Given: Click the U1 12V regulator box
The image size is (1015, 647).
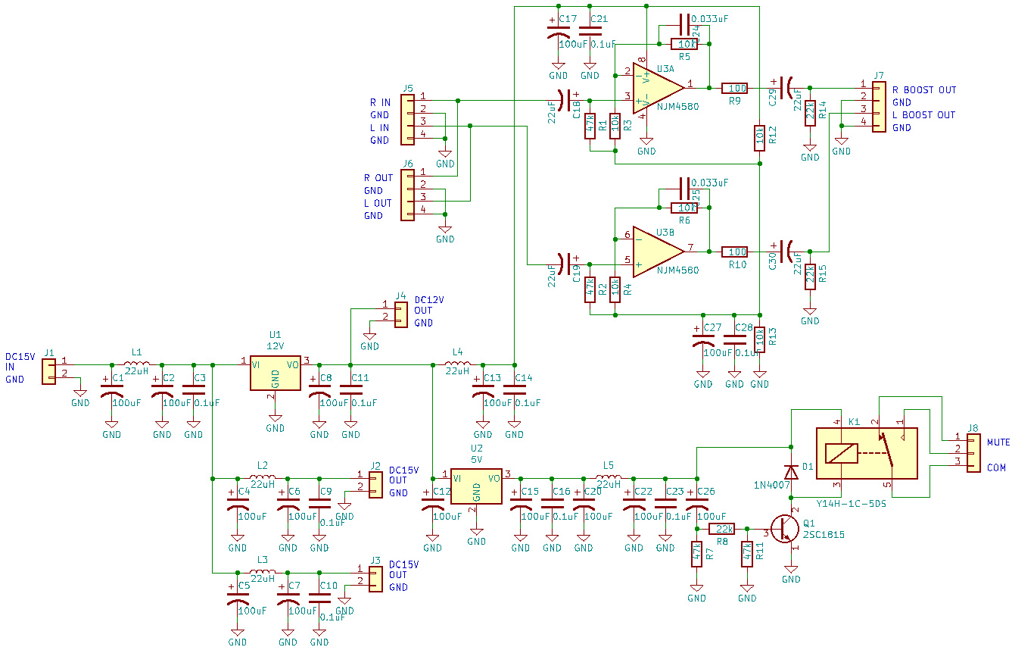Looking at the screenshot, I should click(x=276, y=372).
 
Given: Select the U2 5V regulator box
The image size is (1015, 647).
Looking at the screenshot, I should click(x=476, y=486).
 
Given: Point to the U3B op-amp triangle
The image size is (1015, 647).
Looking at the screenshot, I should click(x=658, y=251).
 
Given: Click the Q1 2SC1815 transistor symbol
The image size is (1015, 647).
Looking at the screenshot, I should click(x=786, y=527).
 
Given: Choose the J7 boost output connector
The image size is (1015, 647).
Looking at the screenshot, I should click(x=878, y=107).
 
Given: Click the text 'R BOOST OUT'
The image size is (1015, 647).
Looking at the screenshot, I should click(x=924, y=89).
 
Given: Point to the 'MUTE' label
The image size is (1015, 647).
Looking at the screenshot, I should click(x=998, y=442).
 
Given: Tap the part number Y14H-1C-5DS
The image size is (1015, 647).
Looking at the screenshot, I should click(x=852, y=503).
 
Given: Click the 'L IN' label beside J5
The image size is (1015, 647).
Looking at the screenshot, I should click(x=380, y=128).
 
